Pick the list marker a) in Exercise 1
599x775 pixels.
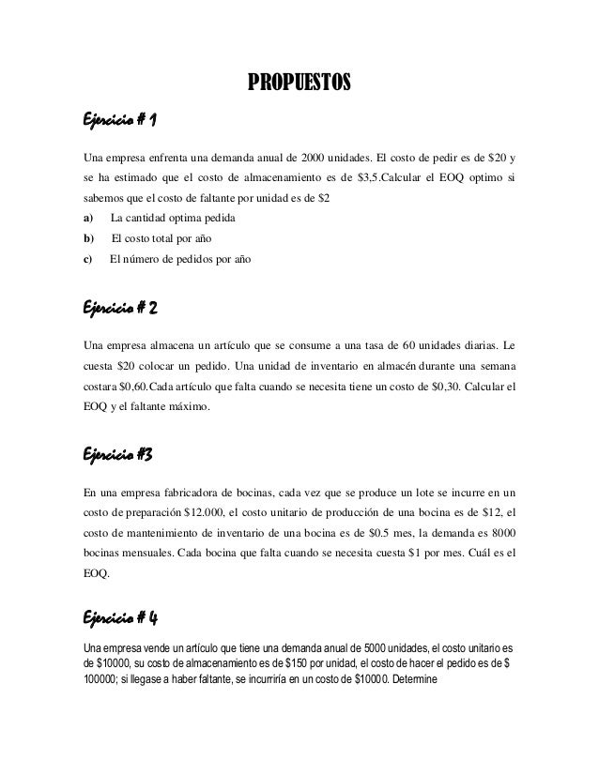(x=87, y=218)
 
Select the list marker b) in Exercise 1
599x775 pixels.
(x=87, y=238)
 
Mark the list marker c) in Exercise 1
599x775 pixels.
(x=87, y=259)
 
